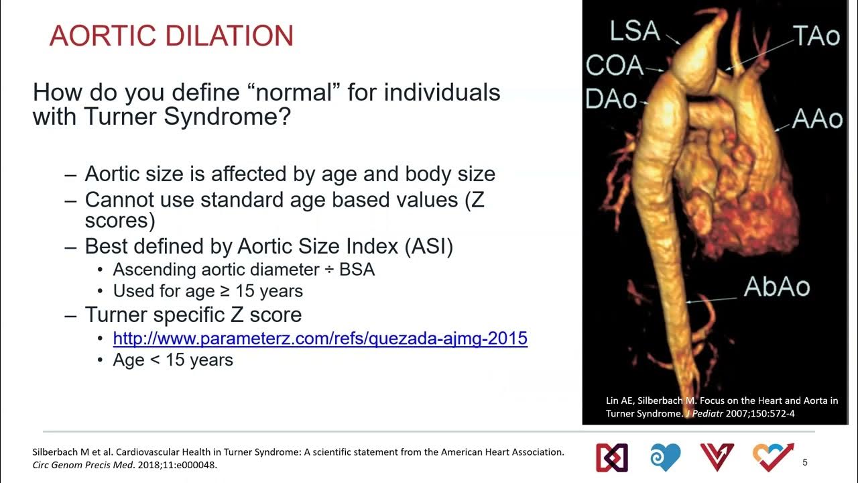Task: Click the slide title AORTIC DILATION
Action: (172, 36)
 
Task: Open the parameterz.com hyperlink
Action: (320, 338)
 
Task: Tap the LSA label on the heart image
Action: (634, 32)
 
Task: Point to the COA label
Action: (614, 65)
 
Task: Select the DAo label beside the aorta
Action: (611, 99)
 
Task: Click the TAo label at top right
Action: (816, 36)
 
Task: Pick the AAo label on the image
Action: (816, 119)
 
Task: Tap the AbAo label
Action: (777, 286)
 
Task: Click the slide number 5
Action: (805, 462)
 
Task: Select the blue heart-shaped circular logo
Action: (666, 457)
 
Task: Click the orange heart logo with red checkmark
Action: (773, 457)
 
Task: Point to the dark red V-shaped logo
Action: (717, 457)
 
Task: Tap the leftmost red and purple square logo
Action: (611, 457)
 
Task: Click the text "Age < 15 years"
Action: (173, 360)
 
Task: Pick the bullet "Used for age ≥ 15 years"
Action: (208, 290)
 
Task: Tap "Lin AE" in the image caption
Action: (619, 400)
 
